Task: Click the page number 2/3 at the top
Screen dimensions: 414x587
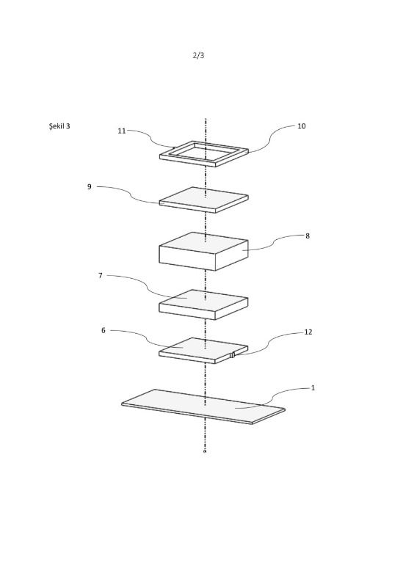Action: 199,56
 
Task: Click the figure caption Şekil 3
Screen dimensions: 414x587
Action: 59,125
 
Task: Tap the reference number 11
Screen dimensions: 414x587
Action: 122,131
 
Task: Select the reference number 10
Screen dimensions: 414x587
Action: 302,126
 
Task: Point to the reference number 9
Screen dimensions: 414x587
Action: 89,186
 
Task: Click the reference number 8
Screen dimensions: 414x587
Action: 308,236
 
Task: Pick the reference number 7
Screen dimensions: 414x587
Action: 100,276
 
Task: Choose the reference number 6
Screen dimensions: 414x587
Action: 103,330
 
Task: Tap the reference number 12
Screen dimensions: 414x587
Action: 308,332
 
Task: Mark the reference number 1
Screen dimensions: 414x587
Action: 313,388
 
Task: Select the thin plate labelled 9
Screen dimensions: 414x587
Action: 204,200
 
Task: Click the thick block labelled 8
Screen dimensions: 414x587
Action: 204,251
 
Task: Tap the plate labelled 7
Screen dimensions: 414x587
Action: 203,305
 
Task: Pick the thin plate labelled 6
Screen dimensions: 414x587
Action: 203,351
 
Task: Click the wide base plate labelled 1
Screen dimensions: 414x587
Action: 203,406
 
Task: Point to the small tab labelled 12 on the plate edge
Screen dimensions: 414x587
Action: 232,355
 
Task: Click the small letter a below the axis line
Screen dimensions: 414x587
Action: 205,452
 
